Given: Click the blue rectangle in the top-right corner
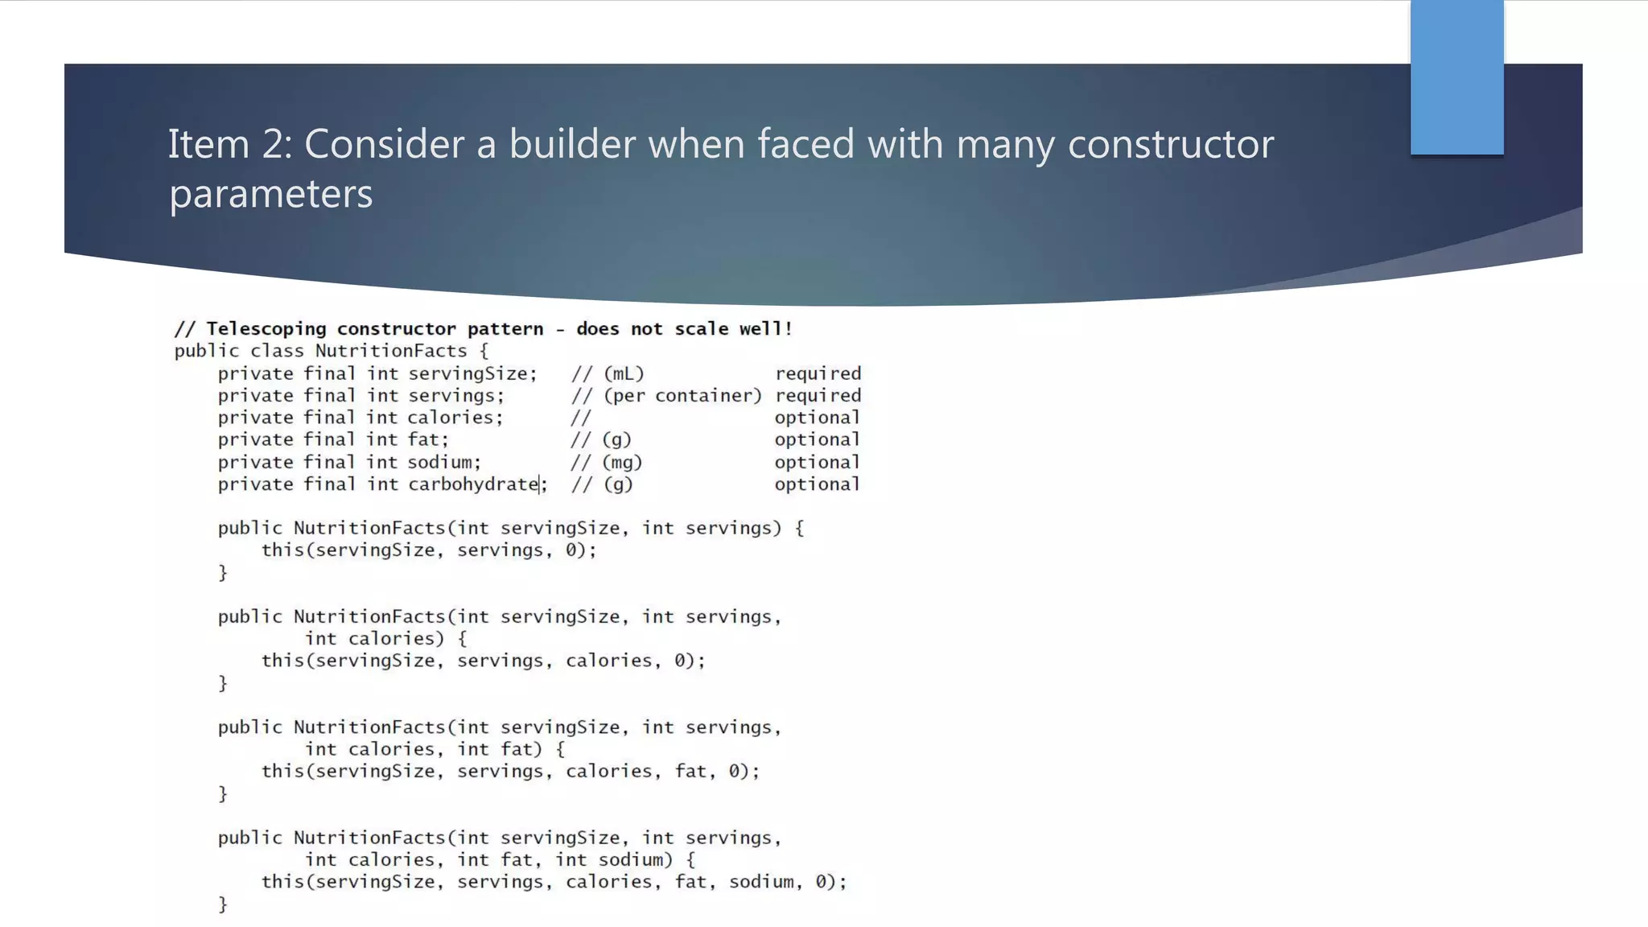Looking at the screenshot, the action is click(x=1456, y=77).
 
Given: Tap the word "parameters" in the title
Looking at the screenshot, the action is click(x=271, y=194).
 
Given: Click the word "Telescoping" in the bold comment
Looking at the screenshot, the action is click(x=266, y=329).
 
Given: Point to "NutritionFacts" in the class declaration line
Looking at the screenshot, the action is click(x=391, y=352).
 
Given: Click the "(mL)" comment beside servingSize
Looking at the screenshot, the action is click(x=624, y=374).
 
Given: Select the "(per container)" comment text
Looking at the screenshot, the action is click(x=682, y=396).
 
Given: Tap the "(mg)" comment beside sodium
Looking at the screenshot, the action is click(x=622, y=463).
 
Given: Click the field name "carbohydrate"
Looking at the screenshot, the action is click(x=473, y=484).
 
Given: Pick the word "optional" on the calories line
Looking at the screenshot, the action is click(x=817, y=418).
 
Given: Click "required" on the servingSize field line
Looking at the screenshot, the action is click(x=818, y=374).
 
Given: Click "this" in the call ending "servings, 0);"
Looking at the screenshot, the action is click(x=282, y=550).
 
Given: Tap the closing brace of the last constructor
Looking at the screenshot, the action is click(x=223, y=904).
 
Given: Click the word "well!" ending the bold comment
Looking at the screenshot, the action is click(x=765, y=329).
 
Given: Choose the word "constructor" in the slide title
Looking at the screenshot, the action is click(x=1170, y=145).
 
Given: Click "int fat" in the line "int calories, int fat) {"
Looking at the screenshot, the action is click(x=495, y=749).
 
